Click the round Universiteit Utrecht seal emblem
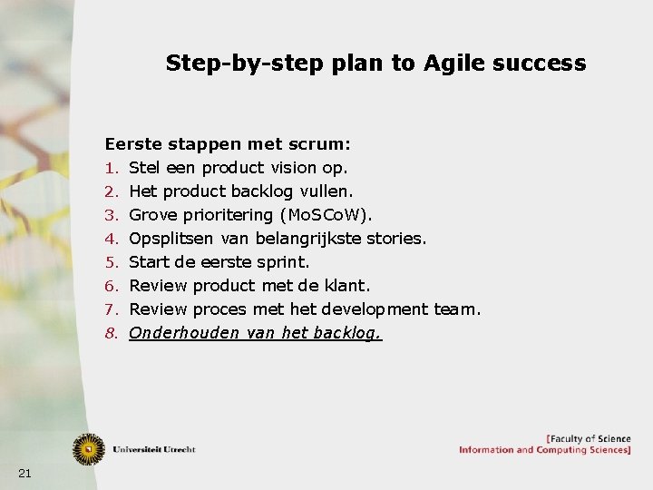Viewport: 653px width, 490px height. (x=89, y=447)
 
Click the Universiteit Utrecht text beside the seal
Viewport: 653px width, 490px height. (x=154, y=449)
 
